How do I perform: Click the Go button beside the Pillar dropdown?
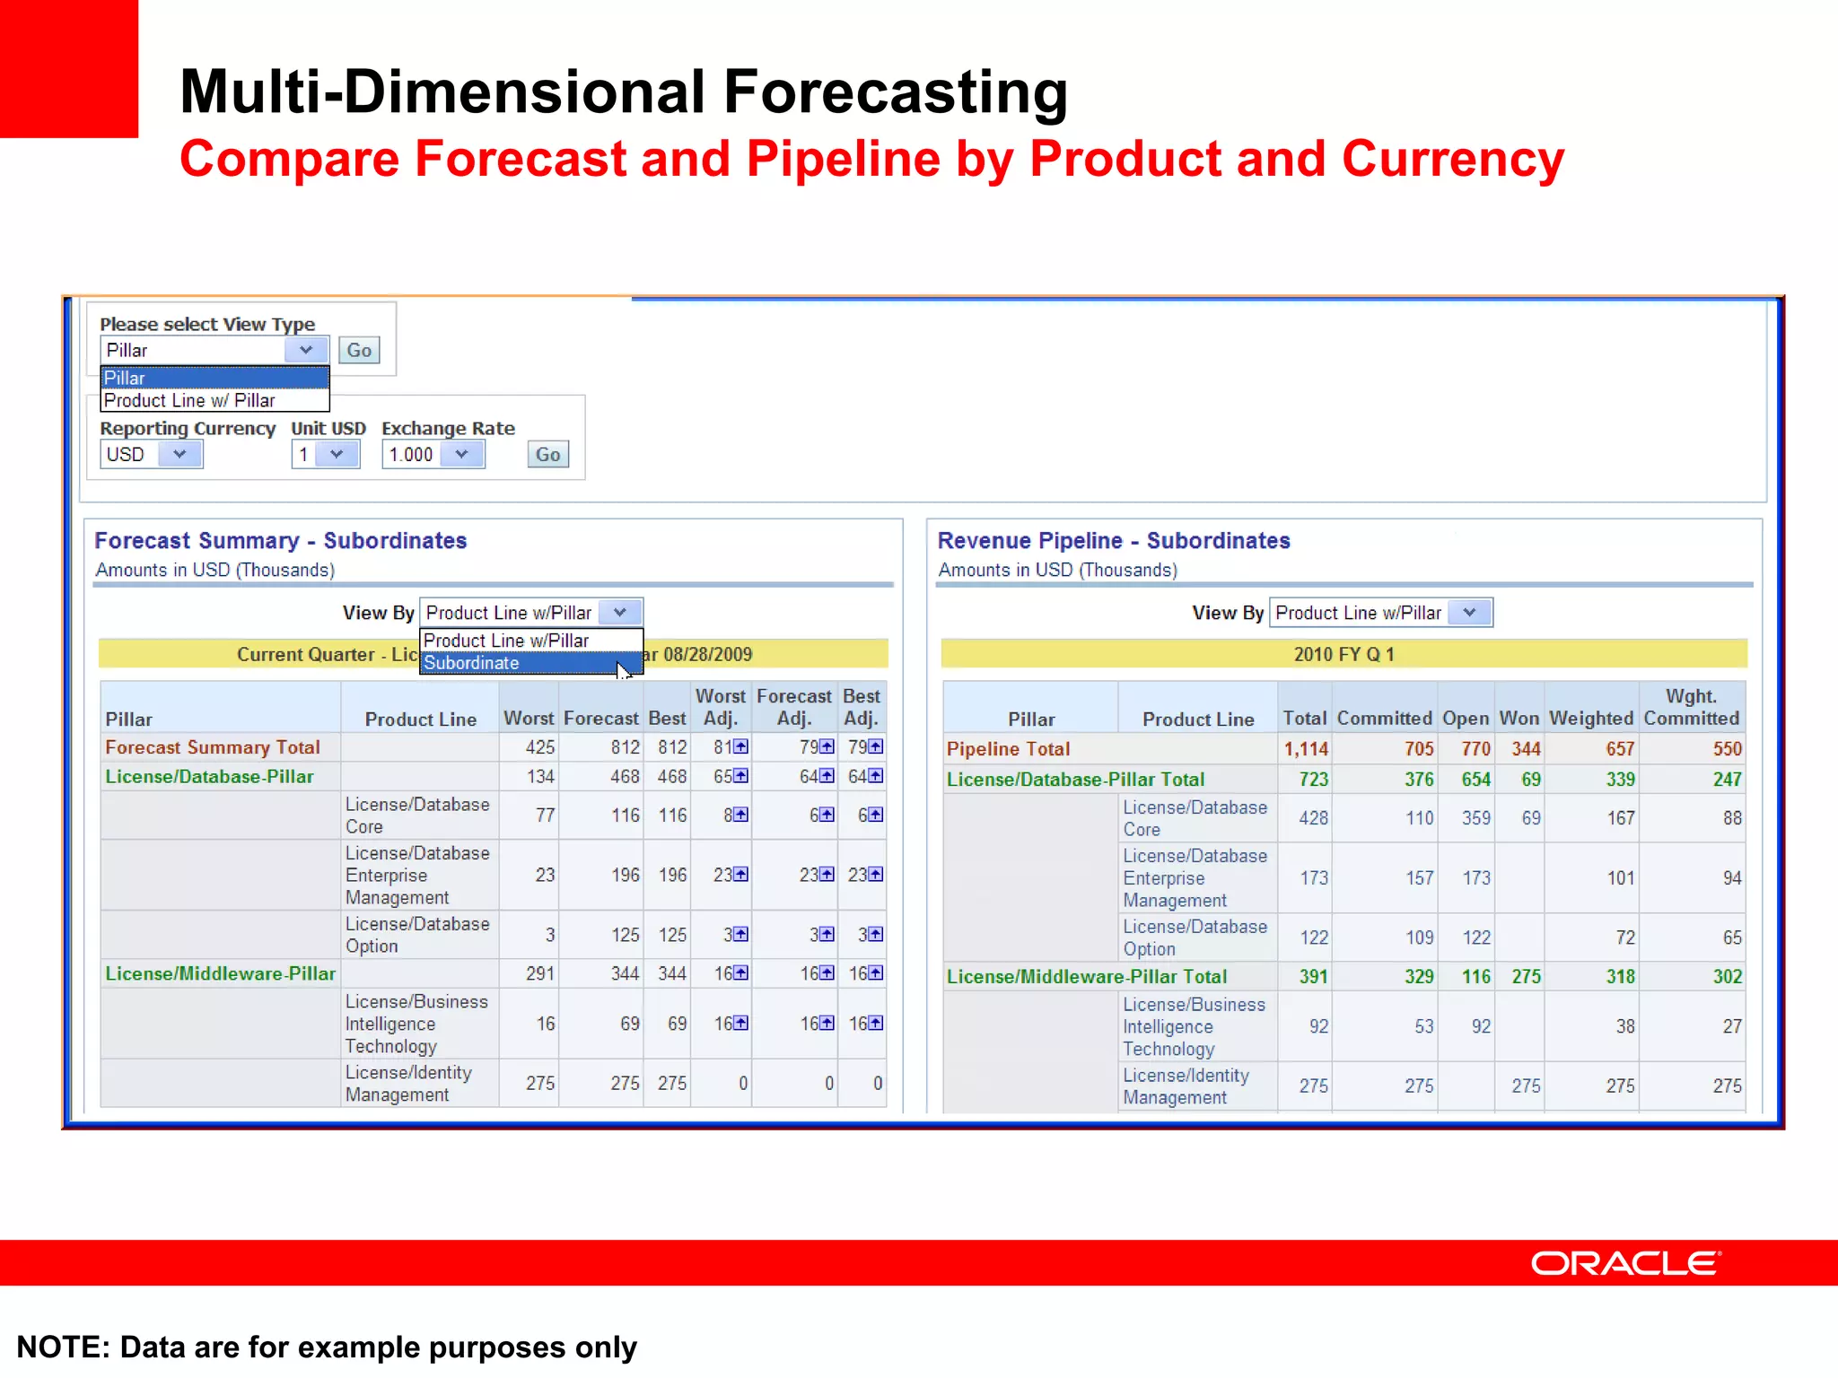click(x=359, y=350)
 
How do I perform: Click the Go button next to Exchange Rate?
click(x=547, y=454)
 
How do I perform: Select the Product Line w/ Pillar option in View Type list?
click(x=189, y=400)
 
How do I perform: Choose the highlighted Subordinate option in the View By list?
click(x=471, y=663)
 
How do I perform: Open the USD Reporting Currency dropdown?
click(x=179, y=454)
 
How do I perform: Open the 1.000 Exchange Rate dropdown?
click(x=461, y=454)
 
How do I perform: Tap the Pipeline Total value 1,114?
click(x=1305, y=749)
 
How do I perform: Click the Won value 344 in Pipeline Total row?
click(x=1525, y=749)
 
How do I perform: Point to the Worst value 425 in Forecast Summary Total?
click(x=540, y=747)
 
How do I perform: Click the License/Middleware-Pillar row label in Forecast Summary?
click(x=220, y=973)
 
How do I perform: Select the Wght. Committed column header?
click(x=1691, y=707)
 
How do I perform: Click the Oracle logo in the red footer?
click(x=1625, y=1263)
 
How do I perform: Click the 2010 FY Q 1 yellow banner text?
click(x=1343, y=654)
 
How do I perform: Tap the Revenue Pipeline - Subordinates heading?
click(x=1114, y=540)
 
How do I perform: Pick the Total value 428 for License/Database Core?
click(x=1313, y=818)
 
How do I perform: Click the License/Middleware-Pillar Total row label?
click(x=1086, y=976)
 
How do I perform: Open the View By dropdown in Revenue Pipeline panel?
click(x=1469, y=613)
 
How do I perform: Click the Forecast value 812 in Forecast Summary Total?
click(x=625, y=747)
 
